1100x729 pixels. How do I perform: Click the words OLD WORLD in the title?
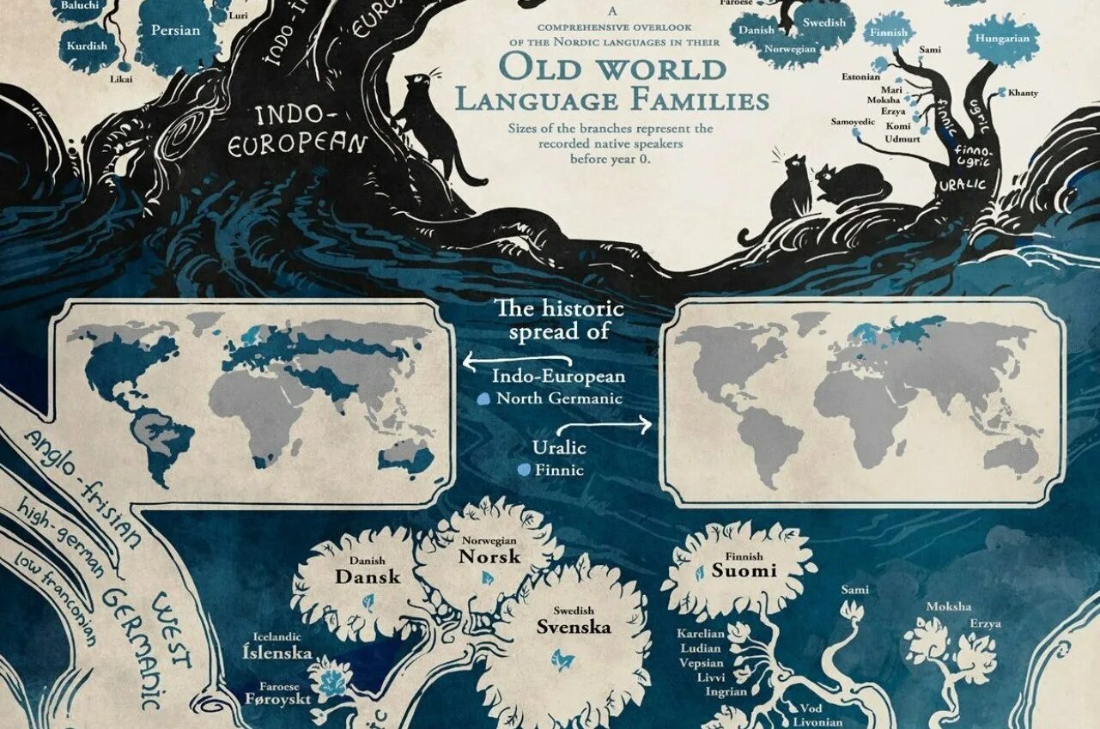[x=613, y=67]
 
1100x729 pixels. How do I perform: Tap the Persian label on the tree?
[x=175, y=31]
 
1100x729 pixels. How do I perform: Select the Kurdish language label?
[x=86, y=45]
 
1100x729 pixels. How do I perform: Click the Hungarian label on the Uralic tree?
[x=1002, y=39]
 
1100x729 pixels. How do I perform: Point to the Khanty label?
[x=1023, y=93]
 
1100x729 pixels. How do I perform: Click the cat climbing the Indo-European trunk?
[x=429, y=120]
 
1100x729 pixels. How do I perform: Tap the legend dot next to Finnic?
[x=523, y=470]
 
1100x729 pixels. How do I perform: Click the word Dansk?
[x=368, y=577]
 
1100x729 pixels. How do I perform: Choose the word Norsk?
[x=489, y=556]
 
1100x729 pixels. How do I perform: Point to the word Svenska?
[x=574, y=627]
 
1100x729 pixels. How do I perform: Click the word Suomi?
[x=744, y=571]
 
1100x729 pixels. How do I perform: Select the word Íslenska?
[x=277, y=653]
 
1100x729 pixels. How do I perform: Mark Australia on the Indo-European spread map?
[x=406, y=457]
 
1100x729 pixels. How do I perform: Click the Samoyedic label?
[x=853, y=122]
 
